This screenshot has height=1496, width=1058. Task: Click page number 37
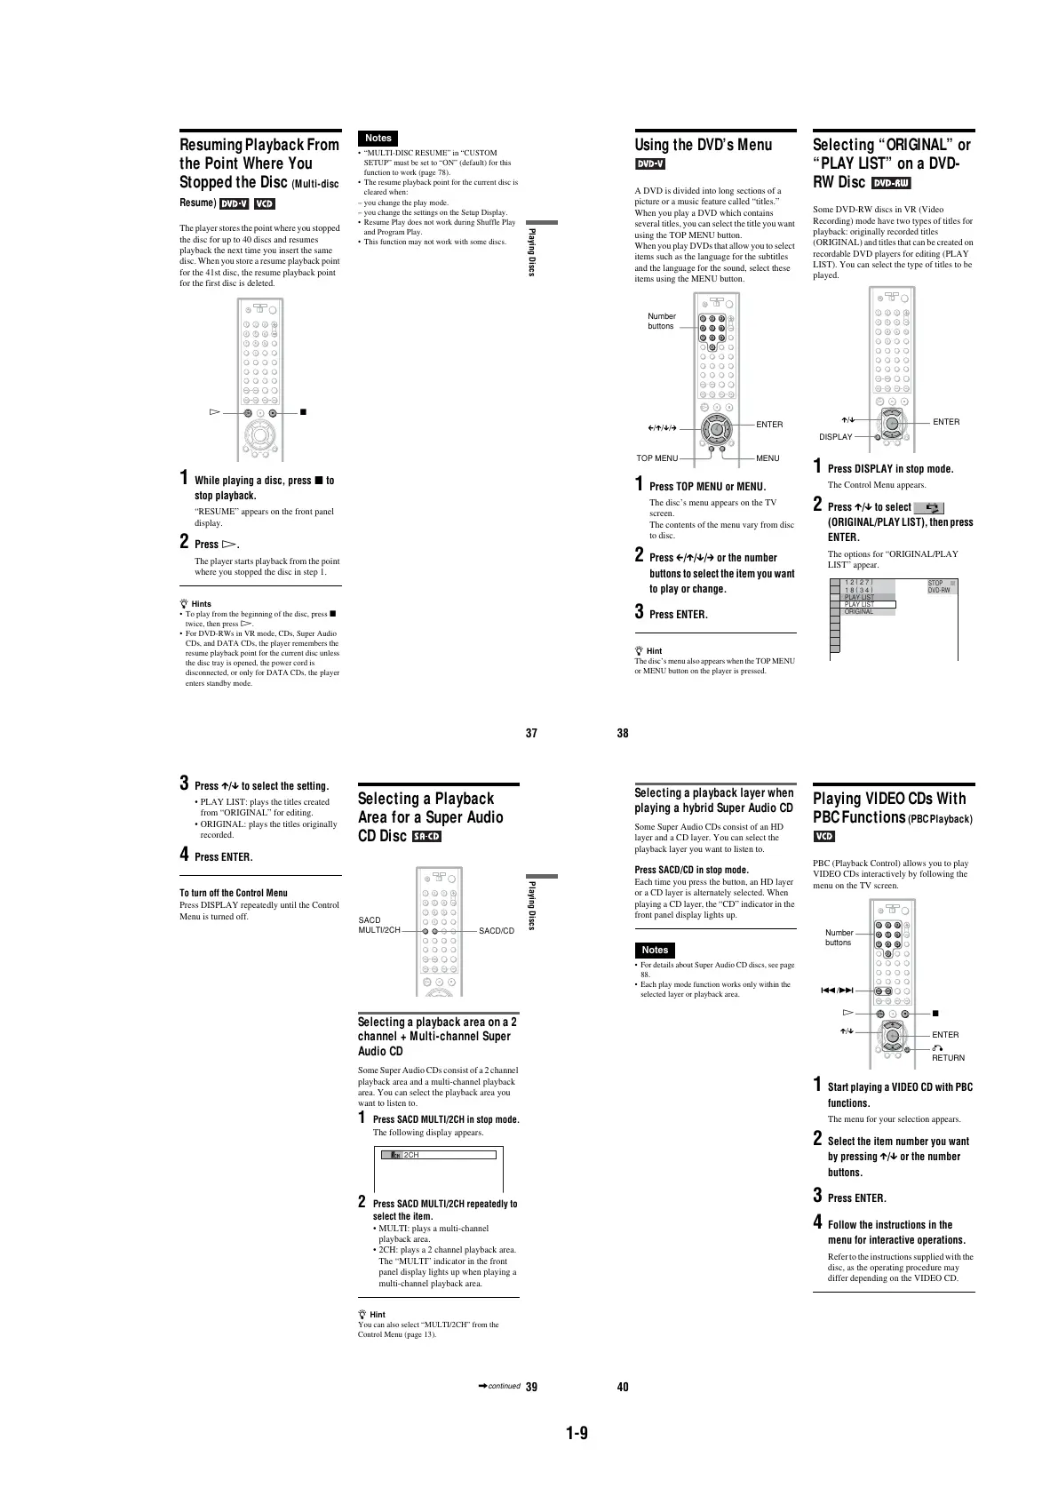point(531,733)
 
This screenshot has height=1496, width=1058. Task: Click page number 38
point(623,733)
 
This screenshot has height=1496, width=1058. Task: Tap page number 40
point(623,1387)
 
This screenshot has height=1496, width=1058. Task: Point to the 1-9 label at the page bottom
point(577,1432)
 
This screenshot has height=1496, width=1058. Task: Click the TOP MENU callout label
point(657,458)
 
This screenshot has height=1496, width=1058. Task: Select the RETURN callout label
point(948,1057)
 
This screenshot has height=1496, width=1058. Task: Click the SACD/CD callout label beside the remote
point(497,931)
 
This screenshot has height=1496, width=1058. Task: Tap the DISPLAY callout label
point(835,437)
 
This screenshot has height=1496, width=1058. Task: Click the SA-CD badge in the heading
point(427,837)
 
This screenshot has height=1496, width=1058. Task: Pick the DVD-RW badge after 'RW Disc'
point(891,183)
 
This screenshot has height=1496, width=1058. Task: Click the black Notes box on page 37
point(378,138)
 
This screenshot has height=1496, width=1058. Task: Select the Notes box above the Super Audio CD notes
point(655,950)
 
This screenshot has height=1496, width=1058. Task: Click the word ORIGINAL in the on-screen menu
point(858,611)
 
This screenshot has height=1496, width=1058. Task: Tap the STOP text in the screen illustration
point(935,584)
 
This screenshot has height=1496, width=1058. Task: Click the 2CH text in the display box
point(411,1155)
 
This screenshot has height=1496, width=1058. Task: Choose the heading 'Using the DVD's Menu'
point(703,145)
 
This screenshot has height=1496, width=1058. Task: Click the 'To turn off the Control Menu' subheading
point(234,893)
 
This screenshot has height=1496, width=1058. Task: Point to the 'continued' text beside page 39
point(504,1386)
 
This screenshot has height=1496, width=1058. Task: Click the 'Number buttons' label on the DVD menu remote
point(662,321)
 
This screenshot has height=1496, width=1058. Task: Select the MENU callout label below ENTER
point(768,458)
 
